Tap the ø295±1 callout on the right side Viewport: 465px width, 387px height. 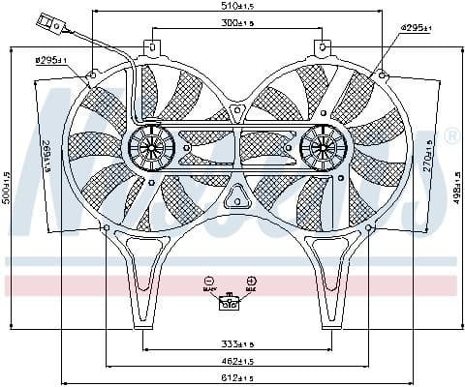coord(418,29)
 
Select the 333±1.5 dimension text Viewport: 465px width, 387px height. coord(232,343)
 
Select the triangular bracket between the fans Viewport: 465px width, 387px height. coord(233,199)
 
